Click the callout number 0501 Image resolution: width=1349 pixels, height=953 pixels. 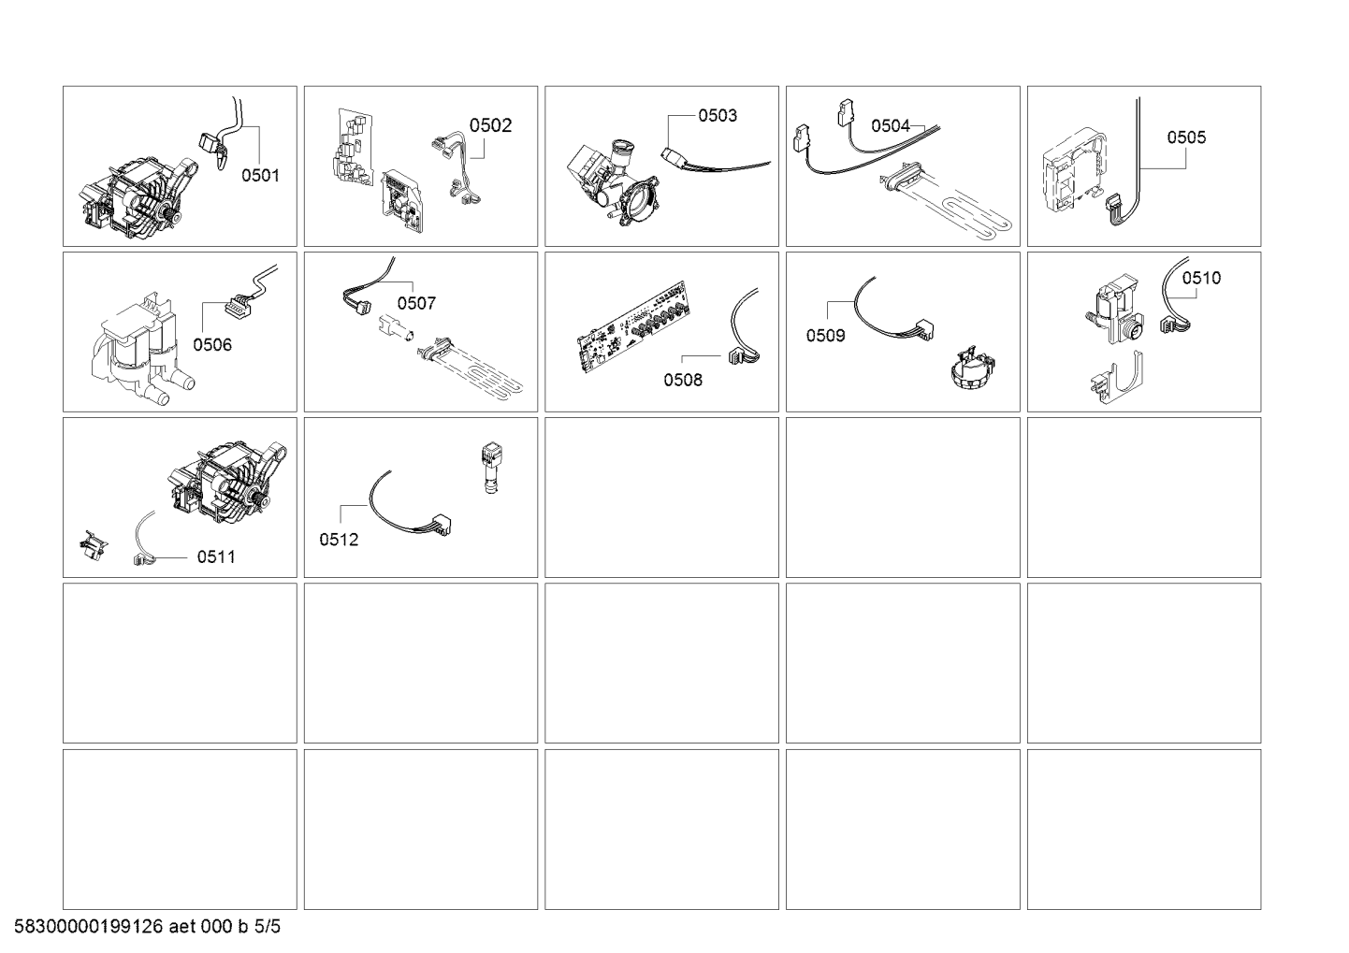pyautogui.click(x=260, y=175)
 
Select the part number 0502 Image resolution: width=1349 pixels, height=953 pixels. pyautogui.click(x=490, y=125)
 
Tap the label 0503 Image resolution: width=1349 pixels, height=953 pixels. pyautogui.click(x=718, y=116)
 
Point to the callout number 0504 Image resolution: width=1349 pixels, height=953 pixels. pyautogui.click(x=890, y=126)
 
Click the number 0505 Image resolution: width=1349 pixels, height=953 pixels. pyautogui.click(x=1186, y=137)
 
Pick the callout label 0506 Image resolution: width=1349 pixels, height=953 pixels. pyautogui.click(x=212, y=344)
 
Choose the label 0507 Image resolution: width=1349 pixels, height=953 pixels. pyautogui.click(x=416, y=303)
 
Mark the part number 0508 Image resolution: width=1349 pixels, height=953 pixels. pyautogui.click(x=683, y=380)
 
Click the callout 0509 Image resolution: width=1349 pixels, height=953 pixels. pyautogui.click(x=826, y=336)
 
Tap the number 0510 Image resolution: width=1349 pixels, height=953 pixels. pyautogui.click(x=1201, y=278)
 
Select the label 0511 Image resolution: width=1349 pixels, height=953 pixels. pyautogui.click(x=216, y=556)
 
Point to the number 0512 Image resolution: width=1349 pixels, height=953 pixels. pyautogui.click(x=339, y=540)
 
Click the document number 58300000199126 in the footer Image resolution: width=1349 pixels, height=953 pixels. pyautogui.click(x=89, y=926)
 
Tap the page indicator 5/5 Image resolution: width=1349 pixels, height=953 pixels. pyautogui.click(x=268, y=926)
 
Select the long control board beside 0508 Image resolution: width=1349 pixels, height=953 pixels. pyautogui.click(x=634, y=327)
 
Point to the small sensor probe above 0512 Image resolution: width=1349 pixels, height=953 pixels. pyautogui.click(x=492, y=469)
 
